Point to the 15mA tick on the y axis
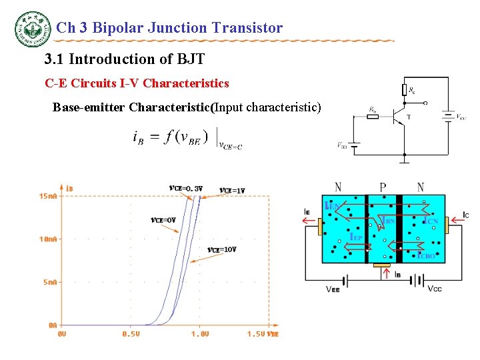(49, 196)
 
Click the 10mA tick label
(49, 239)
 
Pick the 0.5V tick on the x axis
(131, 334)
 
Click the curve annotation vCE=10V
(221, 250)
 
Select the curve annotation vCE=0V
(163, 220)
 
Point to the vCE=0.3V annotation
(185, 188)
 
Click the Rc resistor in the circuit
(405, 89)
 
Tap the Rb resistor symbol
(372, 116)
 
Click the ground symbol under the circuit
(405, 159)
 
